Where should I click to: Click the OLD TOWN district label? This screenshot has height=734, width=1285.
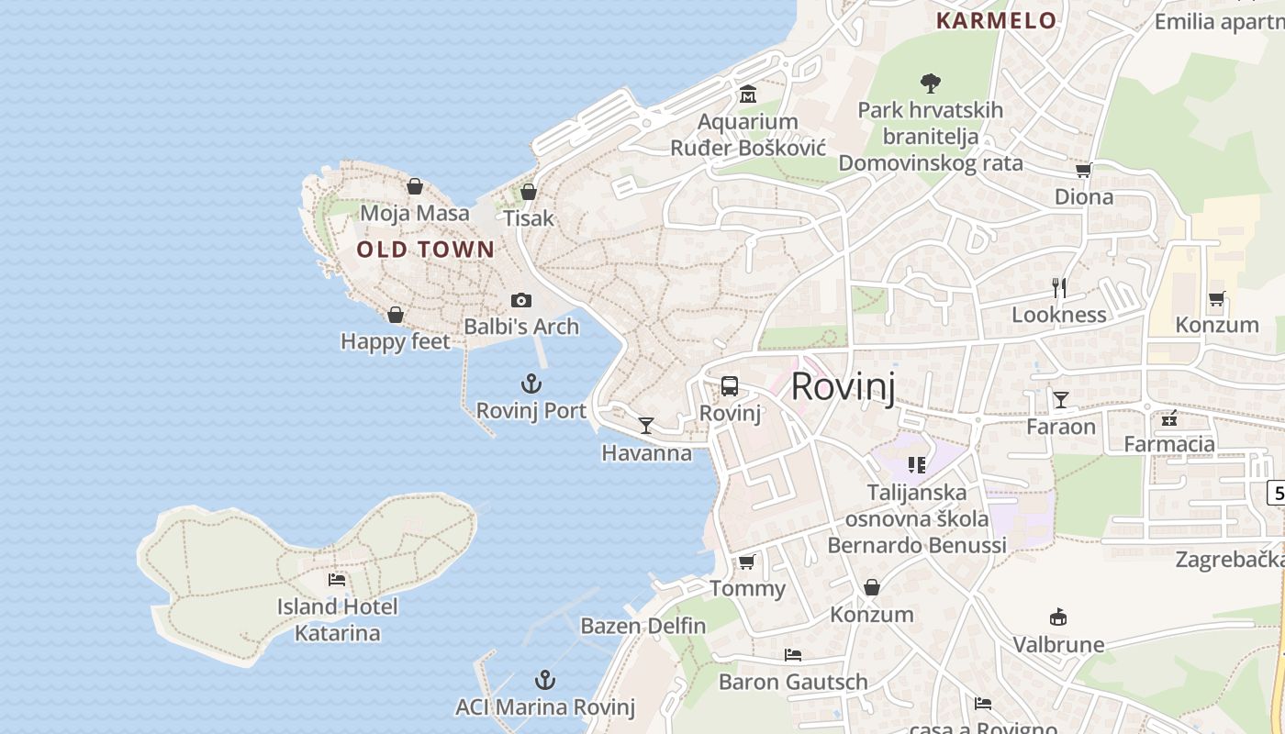pos(425,249)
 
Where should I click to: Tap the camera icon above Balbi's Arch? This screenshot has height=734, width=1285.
pos(521,300)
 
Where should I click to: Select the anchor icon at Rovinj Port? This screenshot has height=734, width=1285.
pos(531,384)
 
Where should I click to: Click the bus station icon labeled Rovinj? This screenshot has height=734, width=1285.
pos(730,386)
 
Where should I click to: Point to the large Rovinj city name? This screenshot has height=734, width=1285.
pos(842,386)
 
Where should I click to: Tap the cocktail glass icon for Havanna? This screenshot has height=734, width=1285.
pos(646,425)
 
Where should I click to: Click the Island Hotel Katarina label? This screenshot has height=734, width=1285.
pos(337,619)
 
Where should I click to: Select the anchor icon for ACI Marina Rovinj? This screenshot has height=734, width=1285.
pos(545,680)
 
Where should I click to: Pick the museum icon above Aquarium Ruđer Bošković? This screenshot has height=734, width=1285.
pos(747,95)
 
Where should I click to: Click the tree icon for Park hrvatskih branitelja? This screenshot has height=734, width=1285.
pos(931,83)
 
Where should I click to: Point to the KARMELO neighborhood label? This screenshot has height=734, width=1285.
pos(996,20)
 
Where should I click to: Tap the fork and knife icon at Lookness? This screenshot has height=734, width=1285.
pos(1059,287)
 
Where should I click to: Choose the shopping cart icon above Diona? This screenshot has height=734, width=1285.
pos(1083,170)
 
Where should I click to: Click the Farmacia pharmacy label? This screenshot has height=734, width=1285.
pos(1169,444)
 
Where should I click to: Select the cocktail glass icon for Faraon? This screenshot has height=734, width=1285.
pos(1061,399)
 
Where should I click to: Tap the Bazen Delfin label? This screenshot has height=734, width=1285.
pos(643,626)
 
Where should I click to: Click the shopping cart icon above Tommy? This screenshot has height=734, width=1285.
pos(747,561)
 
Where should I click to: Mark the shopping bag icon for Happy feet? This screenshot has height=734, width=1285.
pos(396,315)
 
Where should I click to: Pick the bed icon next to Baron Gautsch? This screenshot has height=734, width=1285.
pos(793,654)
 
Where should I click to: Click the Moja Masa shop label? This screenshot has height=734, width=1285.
pos(415,213)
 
